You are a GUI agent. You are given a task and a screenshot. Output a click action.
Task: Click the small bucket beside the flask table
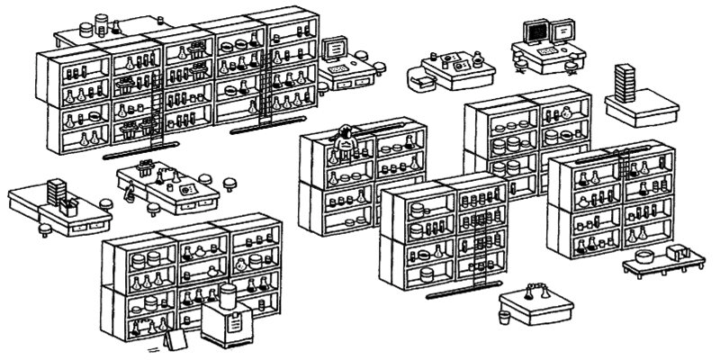pyautogui.click(x=505, y=317)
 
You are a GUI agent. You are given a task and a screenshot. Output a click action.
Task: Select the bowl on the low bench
pyautogui.click(x=645, y=256)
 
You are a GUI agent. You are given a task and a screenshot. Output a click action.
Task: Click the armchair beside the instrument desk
pyautogui.click(x=419, y=81)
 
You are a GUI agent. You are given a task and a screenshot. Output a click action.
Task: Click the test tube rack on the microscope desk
pyautogui.click(x=143, y=167)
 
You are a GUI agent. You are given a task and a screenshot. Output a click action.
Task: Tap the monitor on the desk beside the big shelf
pyautogui.click(x=337, y=45)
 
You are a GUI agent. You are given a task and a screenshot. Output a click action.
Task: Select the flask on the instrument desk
pyautogui.click(x=477, y=62)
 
